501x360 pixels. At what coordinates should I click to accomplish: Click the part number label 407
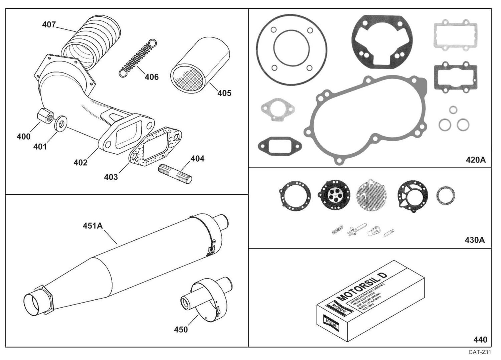pyautogui.click(x=49, y=25)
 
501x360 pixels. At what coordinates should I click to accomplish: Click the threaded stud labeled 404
pyautogui.click(x=175, y=173)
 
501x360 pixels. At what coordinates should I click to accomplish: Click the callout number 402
pyautogui.click(x=80, y=162)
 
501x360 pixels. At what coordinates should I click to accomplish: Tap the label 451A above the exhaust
pyautogui.click(x=93, y=226)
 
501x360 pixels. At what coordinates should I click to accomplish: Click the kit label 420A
pyautogui.click(x=476, y=160)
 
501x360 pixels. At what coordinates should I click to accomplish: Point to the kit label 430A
pyautogui.click(x=475, y=240)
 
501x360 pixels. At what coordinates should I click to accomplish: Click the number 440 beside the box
pyautogui.click(x=480, y=340)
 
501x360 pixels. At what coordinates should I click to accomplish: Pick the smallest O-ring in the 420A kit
pyautogui.click(x=453, y=110)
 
